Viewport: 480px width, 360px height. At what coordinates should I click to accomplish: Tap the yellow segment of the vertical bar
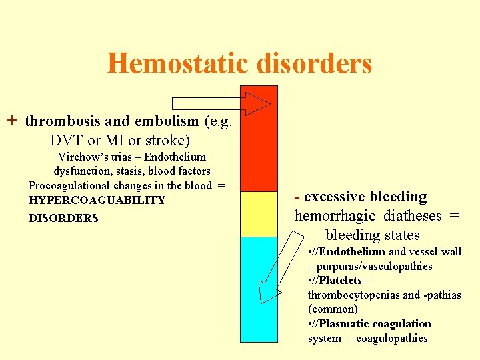pyautogui.click(x=259, y=214)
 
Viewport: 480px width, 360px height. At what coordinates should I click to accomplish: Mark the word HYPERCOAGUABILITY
pyautogui.click(x=97, y=200)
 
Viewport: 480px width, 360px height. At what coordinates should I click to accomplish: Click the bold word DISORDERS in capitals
pyautogui.click(x=63, y=218)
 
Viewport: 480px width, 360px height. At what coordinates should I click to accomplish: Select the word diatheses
pyautogui.click(x=413, y=216)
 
